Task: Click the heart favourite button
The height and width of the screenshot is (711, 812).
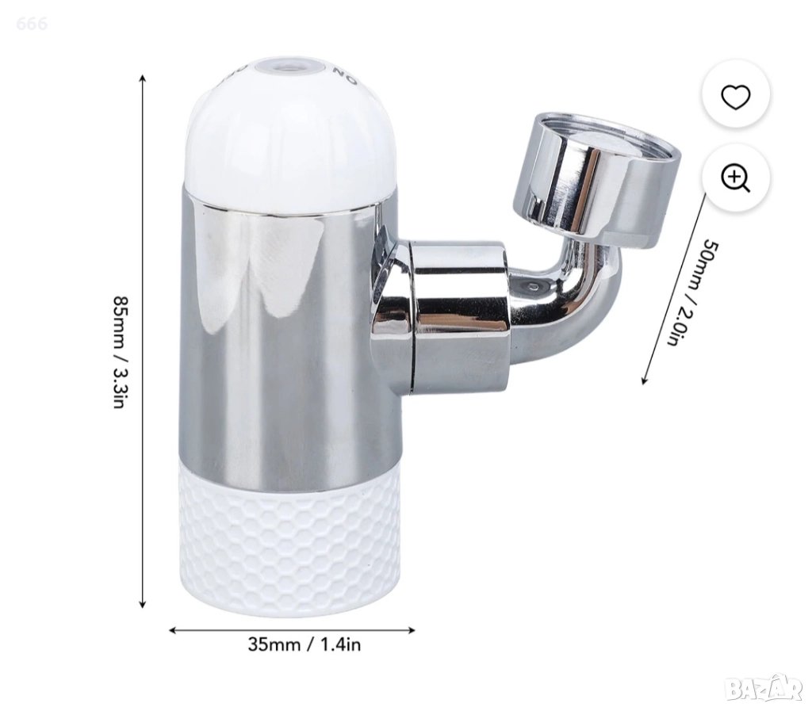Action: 735,96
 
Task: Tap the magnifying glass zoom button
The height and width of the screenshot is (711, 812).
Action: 735,178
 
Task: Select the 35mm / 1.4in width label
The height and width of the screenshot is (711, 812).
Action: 304,644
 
